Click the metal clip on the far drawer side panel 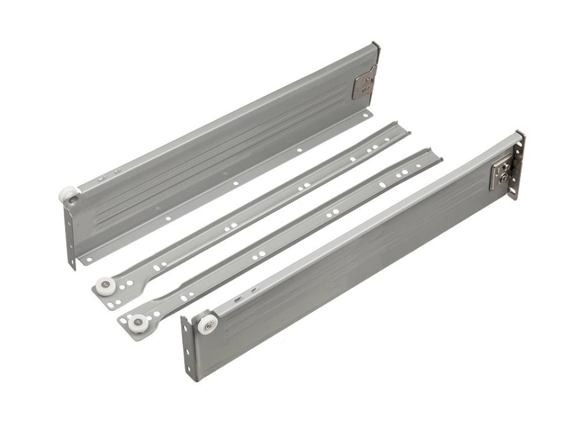(364, 81)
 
